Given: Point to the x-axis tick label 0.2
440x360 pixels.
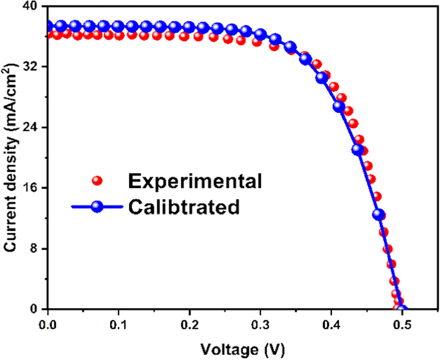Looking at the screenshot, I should pos(189,324).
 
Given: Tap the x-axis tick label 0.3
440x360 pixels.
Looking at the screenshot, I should pos(260,324).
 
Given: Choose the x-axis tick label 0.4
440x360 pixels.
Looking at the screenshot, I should pos(331,324).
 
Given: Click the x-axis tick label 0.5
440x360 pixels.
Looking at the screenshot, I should pos(401,324).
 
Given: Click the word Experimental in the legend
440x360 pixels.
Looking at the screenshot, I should pos(195,181).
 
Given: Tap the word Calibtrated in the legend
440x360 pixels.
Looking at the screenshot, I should pos(183,206).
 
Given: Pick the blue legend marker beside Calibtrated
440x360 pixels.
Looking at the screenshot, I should pos(98,207).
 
